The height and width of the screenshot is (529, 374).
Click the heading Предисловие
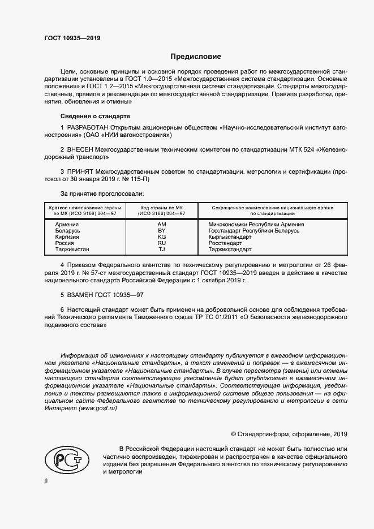196,57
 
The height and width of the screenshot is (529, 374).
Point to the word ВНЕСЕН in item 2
81,149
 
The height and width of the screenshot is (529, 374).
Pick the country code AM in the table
161,225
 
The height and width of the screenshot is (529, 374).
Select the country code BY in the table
161,231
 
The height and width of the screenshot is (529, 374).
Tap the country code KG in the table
161,237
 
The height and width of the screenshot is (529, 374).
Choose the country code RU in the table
161,243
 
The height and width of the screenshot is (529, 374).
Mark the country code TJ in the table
161,250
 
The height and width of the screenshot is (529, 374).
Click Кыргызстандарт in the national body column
230,237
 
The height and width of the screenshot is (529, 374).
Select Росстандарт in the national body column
226,243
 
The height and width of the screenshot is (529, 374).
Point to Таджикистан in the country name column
72,250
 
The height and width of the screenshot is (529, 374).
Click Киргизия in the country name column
67,237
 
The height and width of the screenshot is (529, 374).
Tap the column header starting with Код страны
162,210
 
